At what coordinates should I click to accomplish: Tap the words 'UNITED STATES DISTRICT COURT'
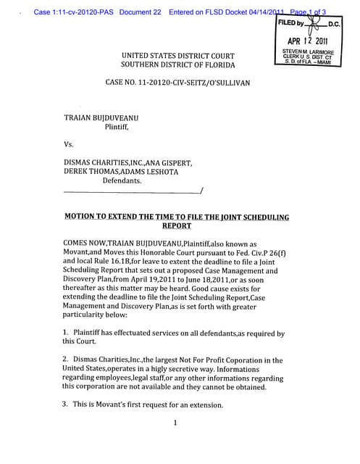pos(177,56)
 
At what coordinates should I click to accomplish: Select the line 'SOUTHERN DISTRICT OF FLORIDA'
pos(177,65)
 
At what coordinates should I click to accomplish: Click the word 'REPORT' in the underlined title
pos(176,225)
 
